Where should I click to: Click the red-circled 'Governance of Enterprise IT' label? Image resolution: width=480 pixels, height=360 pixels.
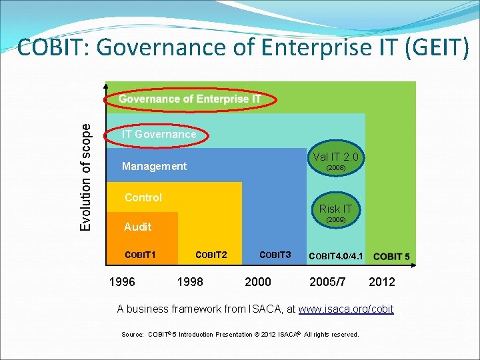190,99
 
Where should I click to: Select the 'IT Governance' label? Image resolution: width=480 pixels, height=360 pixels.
159,134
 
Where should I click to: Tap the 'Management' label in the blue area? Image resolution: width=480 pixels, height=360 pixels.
154,166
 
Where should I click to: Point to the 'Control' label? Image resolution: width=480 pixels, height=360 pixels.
143,197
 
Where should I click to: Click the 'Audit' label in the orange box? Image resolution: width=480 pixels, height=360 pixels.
137,227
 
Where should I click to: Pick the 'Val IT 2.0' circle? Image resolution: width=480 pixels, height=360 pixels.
335,161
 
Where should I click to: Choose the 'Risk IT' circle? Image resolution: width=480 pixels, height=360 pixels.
335,213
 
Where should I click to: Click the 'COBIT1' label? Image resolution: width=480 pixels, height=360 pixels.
141,255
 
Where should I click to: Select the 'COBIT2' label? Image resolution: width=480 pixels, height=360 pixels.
211,255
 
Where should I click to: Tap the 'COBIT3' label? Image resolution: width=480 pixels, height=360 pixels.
275,255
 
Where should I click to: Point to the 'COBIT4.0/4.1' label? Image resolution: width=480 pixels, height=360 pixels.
337,256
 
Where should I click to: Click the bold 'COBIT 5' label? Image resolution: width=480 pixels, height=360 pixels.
392,256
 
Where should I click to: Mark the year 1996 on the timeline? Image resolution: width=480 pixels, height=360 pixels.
122,281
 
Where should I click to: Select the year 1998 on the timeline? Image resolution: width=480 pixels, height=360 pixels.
190,281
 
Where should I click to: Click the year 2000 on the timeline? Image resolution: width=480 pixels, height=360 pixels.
258,281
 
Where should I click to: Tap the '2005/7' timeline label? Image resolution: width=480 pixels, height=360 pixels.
328,281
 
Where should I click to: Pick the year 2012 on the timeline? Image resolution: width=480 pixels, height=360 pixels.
382,281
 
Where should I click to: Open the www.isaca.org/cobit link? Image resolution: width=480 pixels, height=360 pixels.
346,309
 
